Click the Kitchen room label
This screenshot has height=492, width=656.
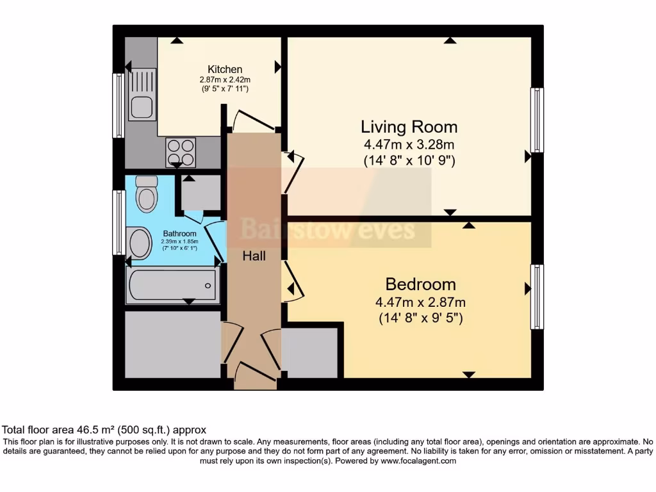click(x=225, y=69)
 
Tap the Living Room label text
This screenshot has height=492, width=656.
click(x=409, y=127)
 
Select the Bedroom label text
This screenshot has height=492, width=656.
click(x=420, y=284)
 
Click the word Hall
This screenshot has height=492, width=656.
click(x=254, y=256)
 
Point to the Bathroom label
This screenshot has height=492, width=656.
click(x=179, y=233)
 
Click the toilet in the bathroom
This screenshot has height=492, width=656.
click(x=147, y=193)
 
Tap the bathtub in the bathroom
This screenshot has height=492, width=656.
click(x=173, y=285)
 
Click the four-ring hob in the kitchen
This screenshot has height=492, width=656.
click(x=181, y=152)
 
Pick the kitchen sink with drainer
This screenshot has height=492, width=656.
click(x=142, y=95)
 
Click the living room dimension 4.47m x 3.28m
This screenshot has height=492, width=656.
click(x=409, y=145)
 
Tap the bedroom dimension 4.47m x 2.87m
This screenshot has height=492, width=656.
click(x=420, y=302)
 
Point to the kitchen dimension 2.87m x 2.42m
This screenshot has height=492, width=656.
click(x=225, y=79)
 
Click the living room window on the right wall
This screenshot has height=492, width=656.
click(x=537, y=120)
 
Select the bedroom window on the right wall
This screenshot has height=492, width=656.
click(x=537, y=297)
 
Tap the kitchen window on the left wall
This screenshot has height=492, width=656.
click(x=119, y=106)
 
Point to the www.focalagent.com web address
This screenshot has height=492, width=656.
click(x=418, y=461)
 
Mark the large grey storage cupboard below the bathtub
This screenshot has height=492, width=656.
click(x=173, y=345)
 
